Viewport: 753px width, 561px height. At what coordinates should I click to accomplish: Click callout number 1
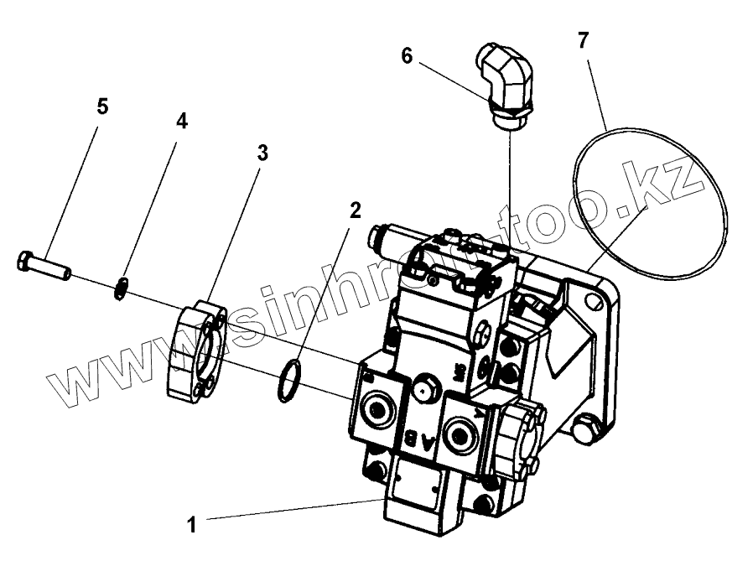point(191,525)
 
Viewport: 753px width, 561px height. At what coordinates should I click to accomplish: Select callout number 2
point(355,210)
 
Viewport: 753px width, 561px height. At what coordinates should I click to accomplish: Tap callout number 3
point(262,153)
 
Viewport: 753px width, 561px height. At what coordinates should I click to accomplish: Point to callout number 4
point(181,121)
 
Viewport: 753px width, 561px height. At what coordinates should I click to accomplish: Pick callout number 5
point(102,106)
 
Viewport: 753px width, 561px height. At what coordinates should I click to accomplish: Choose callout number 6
point(408,56)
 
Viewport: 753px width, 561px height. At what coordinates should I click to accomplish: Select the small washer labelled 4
point(122,287)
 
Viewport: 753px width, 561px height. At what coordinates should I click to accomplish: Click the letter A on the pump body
point(428,442)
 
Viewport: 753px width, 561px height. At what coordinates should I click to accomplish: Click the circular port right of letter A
point(460,433)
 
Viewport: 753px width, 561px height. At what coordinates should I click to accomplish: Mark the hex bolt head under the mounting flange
point(585,432)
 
